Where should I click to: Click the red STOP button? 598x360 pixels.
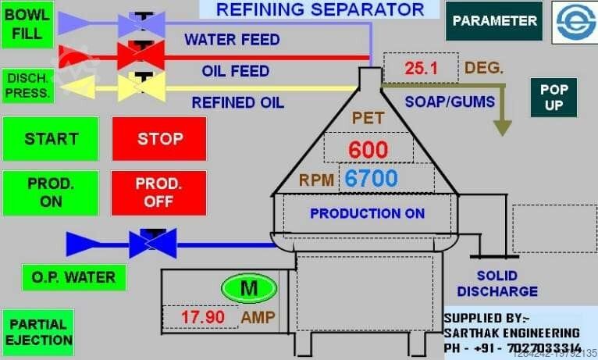point(159,139)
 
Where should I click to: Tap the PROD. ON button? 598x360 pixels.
point(51,193)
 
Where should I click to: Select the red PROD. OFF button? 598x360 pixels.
point(159,193)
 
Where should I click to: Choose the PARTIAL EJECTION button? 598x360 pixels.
point(38,333)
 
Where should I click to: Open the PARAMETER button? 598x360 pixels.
point(495,21)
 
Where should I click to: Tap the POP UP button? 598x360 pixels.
point(554,98)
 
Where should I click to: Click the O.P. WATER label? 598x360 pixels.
point(69,276)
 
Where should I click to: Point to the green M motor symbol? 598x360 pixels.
point(248,288)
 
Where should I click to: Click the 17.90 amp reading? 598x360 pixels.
point(203,317)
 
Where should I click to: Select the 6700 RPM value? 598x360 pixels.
point(372,179)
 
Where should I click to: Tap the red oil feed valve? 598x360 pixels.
point(141,55)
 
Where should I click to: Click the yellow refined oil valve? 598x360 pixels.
point(141,87)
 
